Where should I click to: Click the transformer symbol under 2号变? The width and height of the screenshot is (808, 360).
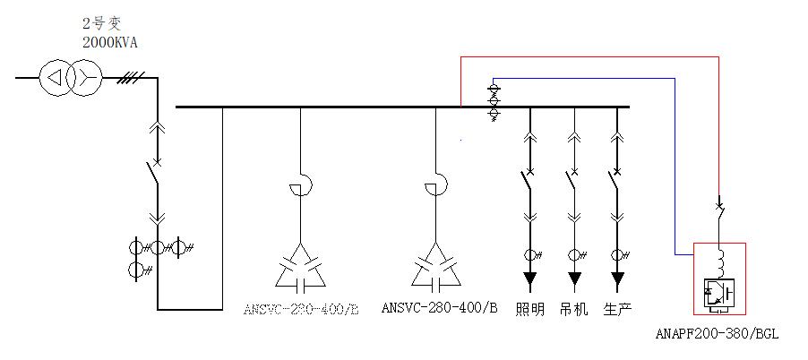point(69,79)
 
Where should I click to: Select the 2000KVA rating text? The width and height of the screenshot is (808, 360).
point(110,42)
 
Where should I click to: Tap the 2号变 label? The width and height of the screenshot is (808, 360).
point(101,24)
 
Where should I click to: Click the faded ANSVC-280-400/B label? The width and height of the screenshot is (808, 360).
point(300,310)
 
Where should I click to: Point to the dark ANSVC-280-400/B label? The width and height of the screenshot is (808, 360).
point(439,309)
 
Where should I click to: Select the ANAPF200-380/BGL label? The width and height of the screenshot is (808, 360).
point(717,334)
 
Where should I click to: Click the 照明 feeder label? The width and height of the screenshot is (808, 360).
point(530,310)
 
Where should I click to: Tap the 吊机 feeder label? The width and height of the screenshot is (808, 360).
point(573,310)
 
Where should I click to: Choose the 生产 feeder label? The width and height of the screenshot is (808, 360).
point(617,310)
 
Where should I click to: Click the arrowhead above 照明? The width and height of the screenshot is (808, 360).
point(530,279)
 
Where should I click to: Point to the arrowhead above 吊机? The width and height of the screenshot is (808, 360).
point(573,279)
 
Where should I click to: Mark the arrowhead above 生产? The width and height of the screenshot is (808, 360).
point(616,279)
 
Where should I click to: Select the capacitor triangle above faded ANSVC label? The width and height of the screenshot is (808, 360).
point(300,267)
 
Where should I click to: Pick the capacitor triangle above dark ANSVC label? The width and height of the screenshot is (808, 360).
point(436,267)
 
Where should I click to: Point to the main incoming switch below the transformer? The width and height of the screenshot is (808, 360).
point(156,175)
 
